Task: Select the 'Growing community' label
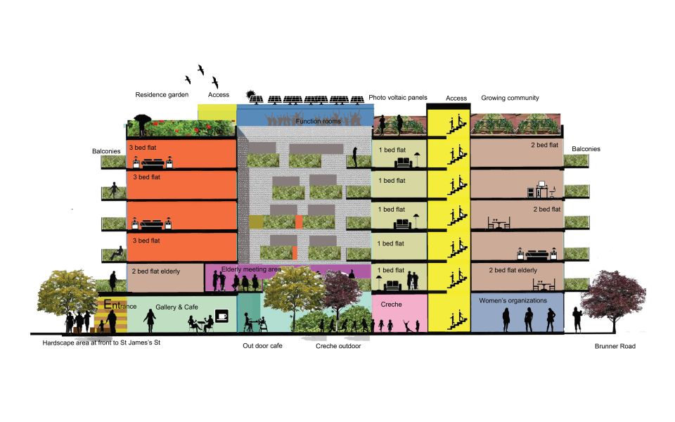tap(510, 98)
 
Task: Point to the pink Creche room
tap(400, 313)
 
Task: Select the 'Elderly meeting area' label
tap(251, 269)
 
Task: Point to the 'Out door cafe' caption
tap(262, 346)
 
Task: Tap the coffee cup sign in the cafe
tap(222, 316)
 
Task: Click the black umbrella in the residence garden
tap(143, 120)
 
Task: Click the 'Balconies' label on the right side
tap(586, 149)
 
